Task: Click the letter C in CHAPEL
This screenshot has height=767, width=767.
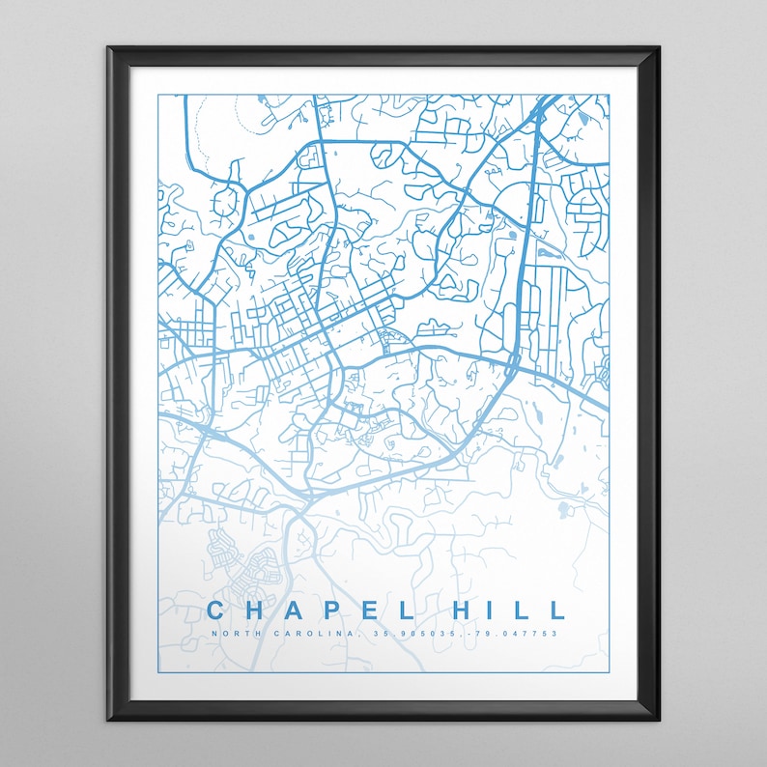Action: click(216, 611)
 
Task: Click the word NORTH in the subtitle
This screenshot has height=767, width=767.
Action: click(237, 634)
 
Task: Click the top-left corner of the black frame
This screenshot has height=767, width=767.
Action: click(108, 47)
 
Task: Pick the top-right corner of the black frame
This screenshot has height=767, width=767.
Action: click(659, 47)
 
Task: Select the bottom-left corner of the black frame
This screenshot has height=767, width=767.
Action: click(108, 720)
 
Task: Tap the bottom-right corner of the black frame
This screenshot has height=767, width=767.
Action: click(659, 720)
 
